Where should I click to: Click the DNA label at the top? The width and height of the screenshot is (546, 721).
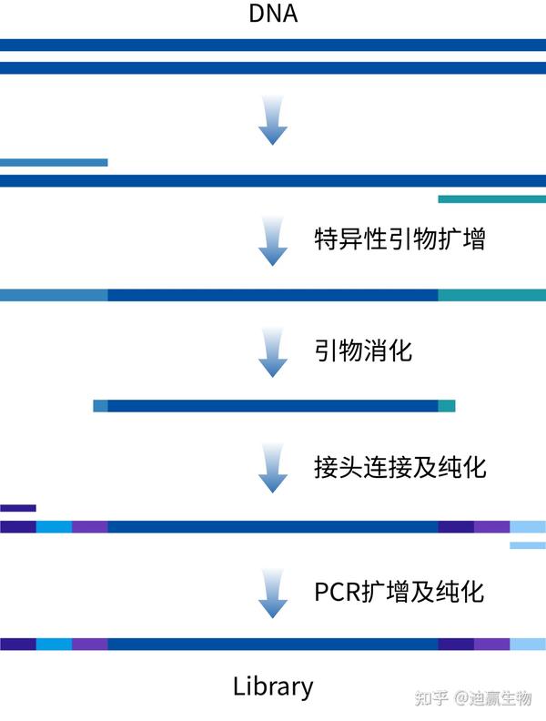click(272, 15)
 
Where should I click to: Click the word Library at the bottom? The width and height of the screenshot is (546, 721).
click(273, 686)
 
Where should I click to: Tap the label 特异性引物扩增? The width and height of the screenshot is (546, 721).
click(399, 240)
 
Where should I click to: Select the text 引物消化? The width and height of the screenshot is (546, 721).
click(363, 350)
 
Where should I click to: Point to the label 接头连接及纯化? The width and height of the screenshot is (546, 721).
click(399, 468)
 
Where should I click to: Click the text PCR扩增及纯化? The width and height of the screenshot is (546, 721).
click(399, 591)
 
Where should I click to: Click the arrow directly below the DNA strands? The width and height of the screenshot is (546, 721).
click(272, 121)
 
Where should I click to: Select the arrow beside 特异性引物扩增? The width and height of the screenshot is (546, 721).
click(272, 241)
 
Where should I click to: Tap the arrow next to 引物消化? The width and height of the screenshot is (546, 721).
click(272, 353)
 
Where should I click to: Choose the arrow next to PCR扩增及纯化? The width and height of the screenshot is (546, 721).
click(272, 593)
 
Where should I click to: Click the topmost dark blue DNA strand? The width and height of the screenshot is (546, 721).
click(273, 45)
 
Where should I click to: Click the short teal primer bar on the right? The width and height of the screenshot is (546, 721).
click(491, 198)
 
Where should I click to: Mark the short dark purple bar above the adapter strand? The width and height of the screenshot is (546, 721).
click(17, 508)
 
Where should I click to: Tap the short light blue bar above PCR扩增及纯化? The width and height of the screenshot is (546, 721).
click(528, 545)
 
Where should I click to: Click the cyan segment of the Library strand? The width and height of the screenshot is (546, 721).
click(54, 644)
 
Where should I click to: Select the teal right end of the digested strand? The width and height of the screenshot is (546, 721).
click(446, 406)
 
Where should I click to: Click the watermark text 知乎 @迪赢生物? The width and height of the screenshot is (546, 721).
click(472, 698)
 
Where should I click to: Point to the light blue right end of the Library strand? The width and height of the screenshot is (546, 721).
click(528, 644)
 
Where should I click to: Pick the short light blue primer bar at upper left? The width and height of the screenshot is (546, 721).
click(54, 163)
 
